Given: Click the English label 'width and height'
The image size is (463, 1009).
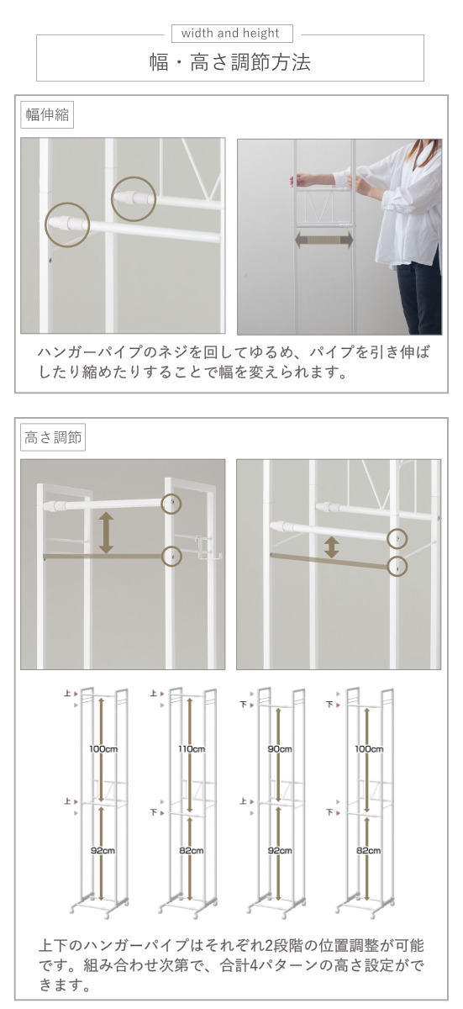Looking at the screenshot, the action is (230, 33).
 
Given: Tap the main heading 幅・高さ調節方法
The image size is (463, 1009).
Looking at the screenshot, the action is (230, 61).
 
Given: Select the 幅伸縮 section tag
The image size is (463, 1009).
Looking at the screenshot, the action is (47, 114).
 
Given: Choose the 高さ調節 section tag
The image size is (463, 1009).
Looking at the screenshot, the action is (53, 437).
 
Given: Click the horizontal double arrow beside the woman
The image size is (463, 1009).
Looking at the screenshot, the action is (324, 240).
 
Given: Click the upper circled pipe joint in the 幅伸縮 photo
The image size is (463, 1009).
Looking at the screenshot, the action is (134, 198).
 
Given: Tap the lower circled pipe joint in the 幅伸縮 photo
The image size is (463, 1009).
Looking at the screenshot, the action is (67, 225).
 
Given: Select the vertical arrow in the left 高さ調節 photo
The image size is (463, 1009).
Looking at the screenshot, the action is (106, 532).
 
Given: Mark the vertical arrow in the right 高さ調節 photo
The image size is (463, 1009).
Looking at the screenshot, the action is (332, 547).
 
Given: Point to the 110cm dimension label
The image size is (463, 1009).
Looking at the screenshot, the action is (192, 749).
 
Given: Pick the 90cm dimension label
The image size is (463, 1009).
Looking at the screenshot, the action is (280, 749).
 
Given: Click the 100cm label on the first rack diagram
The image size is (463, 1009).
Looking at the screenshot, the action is (103, 749).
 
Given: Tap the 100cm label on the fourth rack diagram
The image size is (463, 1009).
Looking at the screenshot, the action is (369, 749).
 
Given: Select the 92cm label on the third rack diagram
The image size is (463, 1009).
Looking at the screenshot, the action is (280, 850).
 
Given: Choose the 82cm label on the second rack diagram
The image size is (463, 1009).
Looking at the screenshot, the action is (192, 850).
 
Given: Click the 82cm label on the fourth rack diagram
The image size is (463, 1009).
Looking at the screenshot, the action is (369, 850).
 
